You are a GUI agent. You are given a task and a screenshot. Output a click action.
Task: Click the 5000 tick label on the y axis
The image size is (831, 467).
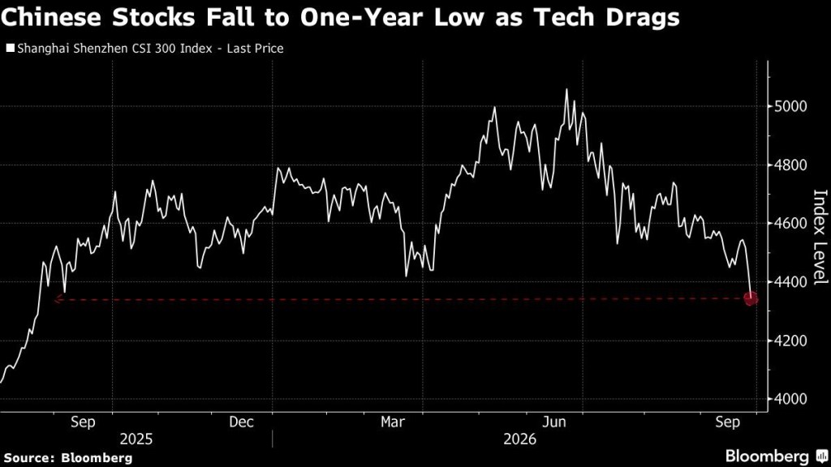tap(790, 106)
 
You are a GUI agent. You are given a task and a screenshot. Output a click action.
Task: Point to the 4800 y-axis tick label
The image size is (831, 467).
tap(790, 165)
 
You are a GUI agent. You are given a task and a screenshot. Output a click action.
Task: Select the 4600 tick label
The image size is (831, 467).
tap(790, 224)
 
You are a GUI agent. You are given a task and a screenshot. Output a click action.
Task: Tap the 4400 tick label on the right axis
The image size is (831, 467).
tap(790, 282)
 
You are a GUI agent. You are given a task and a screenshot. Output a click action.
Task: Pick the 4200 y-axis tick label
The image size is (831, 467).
tap(790, 341)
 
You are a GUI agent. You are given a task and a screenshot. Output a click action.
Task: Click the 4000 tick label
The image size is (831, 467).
tap(790, 399)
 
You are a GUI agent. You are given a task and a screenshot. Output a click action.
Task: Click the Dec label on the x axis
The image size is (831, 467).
tap(241, 422)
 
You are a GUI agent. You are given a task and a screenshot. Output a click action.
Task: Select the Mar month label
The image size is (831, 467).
tap(393, 422)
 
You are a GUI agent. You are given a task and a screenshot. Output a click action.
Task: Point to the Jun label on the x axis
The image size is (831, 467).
tap(553, 422)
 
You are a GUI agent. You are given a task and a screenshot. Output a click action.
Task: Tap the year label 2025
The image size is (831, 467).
tap(136, 439)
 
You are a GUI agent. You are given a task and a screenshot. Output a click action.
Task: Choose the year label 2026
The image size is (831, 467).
tap(520, 439)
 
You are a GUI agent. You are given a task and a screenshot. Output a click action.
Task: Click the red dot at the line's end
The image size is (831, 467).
tap(751, 299)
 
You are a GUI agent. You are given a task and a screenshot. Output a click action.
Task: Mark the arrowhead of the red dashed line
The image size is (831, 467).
tap(58, 300)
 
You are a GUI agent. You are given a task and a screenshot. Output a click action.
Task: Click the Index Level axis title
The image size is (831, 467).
tap(820, 237)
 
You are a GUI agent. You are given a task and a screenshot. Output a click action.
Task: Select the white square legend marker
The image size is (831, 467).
tap(10, 49)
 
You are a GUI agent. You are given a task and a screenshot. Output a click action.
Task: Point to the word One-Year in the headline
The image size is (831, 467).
tap(364, 18)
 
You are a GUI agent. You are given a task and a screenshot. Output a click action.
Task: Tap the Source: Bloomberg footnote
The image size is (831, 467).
tap(68, 458)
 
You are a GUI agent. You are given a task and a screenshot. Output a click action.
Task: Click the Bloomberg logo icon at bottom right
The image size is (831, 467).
tap(822, 456)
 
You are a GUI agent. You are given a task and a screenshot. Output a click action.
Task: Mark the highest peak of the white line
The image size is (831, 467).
tap(566, 89)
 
